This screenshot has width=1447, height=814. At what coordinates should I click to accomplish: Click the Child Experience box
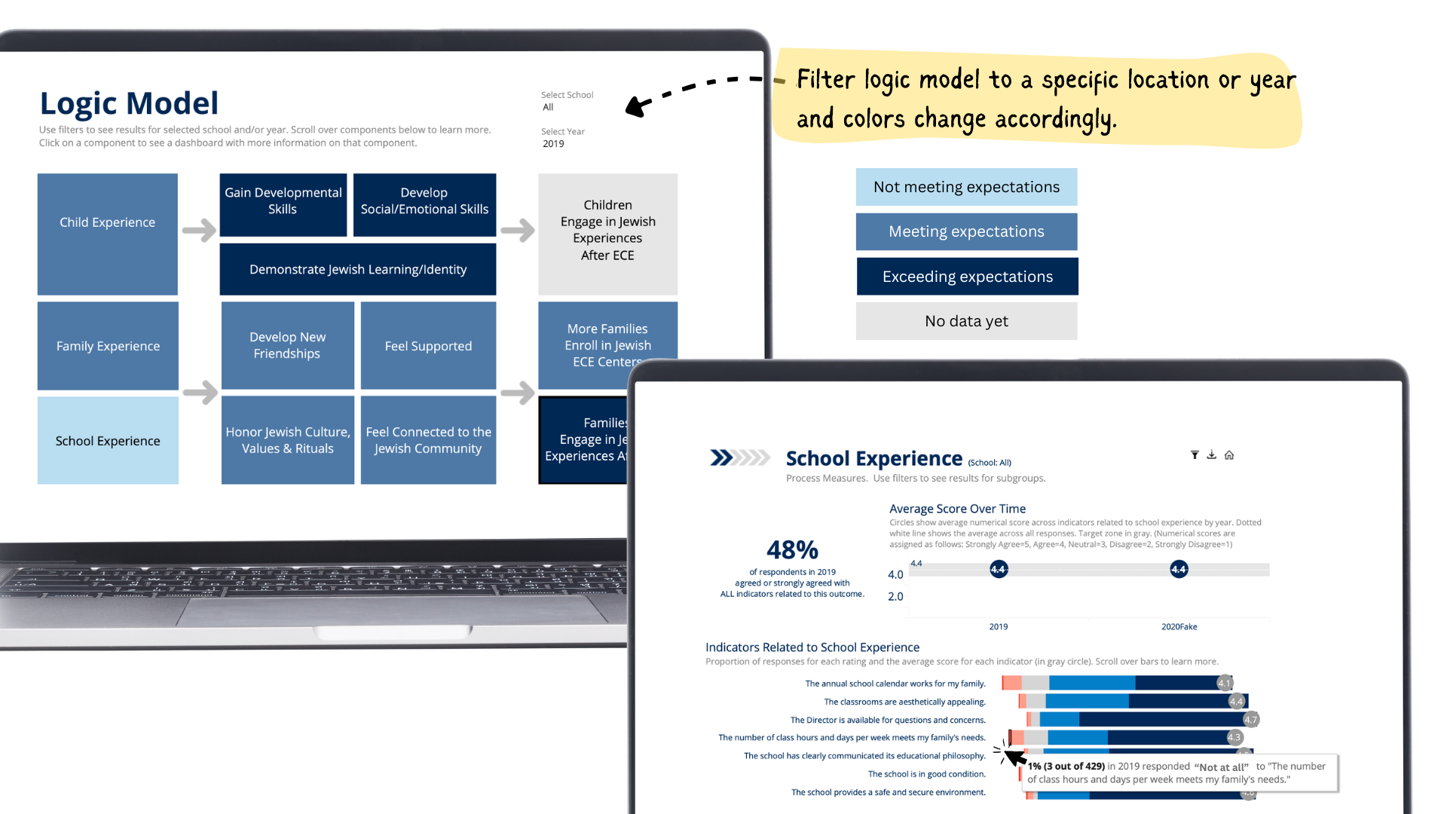coord(107,234)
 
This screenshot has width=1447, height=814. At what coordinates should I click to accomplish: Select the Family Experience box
coord(108,346)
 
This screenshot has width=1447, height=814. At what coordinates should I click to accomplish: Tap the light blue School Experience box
coord(108,441)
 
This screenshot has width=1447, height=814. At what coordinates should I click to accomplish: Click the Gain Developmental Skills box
coord(283,204)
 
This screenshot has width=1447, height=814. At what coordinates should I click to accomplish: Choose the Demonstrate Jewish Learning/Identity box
coord(358,269)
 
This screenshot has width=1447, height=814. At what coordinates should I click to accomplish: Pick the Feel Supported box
coord(428,346)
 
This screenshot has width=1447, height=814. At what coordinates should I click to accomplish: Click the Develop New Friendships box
coord(287,346)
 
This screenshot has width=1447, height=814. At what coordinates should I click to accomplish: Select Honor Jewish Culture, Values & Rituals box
coord(287,440)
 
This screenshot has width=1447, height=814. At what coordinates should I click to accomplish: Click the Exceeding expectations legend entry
coord(967,277)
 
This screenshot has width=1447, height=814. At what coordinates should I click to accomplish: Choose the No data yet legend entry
coord(966,321)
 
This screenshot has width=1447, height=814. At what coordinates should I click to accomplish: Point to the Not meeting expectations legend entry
coord(966,187)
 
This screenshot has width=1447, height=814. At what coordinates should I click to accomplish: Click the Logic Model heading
coord(129,103)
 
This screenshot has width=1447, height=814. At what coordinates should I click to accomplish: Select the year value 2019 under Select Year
coord(553,144)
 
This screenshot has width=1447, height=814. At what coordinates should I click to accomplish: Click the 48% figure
coord(792,549)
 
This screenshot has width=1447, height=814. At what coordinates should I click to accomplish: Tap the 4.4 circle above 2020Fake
coord(1179,569)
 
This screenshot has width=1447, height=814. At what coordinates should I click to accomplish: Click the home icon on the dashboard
coord(1229,455)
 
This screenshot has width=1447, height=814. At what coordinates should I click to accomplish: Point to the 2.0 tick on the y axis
coord(895,596)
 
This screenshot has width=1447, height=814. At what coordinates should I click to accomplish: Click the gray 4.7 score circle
coord(1250,719)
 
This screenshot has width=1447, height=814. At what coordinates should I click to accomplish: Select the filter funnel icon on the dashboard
coord(1195,455)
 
